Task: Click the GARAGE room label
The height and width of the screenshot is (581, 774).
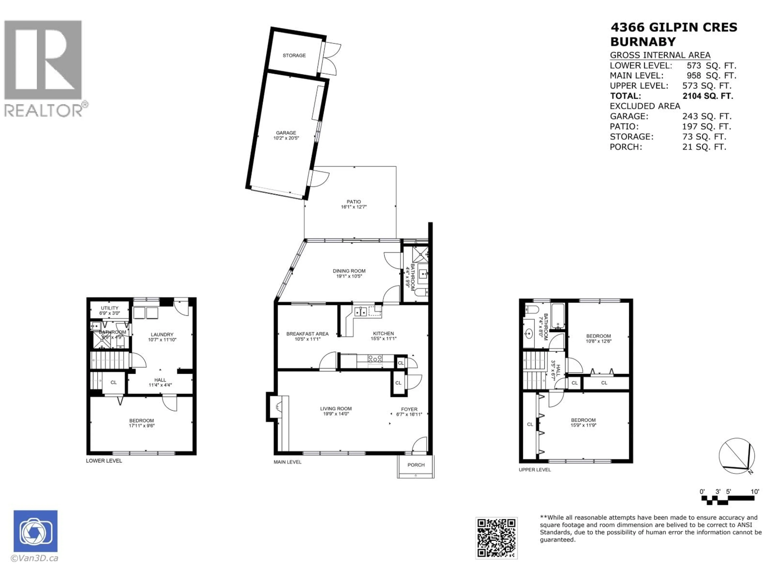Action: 286,133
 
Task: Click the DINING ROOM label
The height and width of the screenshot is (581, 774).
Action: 349,271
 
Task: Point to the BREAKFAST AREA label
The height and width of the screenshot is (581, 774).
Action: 307,334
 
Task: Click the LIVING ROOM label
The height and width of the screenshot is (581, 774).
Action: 336,408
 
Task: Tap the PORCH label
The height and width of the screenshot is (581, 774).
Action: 416,465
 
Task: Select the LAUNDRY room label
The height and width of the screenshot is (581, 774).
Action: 162,334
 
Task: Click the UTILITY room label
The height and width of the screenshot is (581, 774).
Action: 109,308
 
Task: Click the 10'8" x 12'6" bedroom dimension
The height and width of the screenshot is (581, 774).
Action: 599,341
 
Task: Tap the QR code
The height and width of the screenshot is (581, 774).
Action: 496,538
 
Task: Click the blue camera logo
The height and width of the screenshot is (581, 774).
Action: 35,531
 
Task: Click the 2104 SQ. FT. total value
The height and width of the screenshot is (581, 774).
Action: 707,96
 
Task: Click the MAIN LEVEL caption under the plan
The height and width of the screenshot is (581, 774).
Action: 287,462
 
